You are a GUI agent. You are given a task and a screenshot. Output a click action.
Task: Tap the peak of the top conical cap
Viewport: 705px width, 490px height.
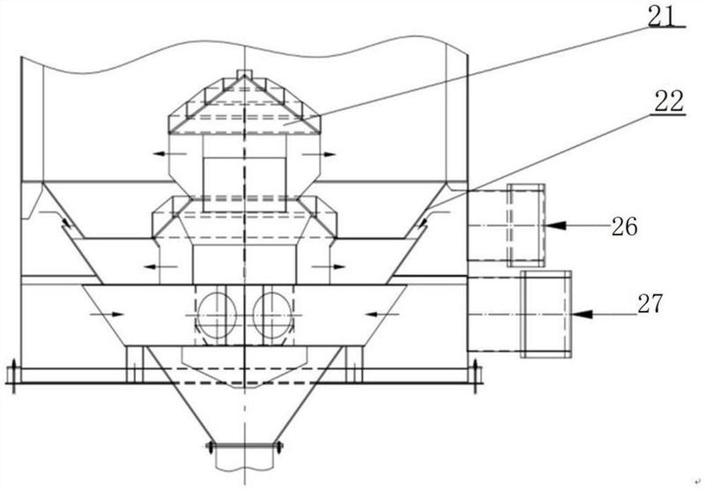coord(243,73)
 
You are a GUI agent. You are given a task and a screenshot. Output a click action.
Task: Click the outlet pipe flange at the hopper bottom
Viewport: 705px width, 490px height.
coord(244,447)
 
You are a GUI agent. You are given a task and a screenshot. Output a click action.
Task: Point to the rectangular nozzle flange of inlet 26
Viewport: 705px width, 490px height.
coord(526,226)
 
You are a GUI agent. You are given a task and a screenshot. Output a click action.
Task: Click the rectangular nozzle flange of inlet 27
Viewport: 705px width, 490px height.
coord(545,314)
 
